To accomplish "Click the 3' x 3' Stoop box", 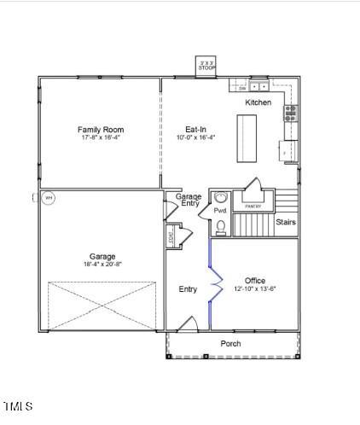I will pos(206,67).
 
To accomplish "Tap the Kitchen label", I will pos(258,102).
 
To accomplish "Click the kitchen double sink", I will pos(258,86).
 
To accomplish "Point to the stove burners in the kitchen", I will pos(291,114).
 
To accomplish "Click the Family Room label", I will pos(101,130).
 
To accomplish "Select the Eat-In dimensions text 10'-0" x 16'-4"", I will pos(195,137).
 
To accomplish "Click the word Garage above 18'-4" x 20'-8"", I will pos(103,256).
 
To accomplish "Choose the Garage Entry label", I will pos(189,201).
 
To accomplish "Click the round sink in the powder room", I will pos(220,197).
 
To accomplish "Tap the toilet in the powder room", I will pos(221,225).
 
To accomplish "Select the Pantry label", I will pos(253,207).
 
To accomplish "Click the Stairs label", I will pos(286,222).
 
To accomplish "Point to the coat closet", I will pos(174,237).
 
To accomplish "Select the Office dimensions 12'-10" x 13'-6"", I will pos(255,288).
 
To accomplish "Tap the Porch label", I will pos(230,344).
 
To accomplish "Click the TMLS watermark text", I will pos(18,405).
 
